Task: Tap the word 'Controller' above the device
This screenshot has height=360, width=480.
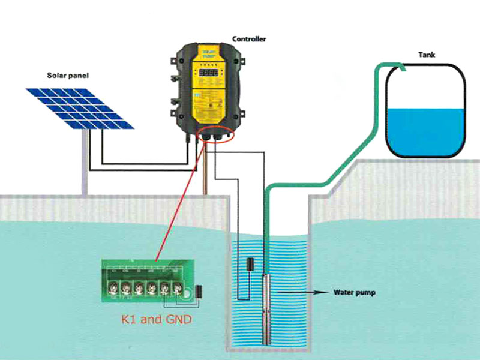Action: [x=248, y=39]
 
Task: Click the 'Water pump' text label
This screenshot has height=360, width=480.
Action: [x=354, y=293]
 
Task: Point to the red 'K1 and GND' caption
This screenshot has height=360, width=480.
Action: [x=157, y=319]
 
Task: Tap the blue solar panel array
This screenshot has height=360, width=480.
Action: [x=80, y=108]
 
